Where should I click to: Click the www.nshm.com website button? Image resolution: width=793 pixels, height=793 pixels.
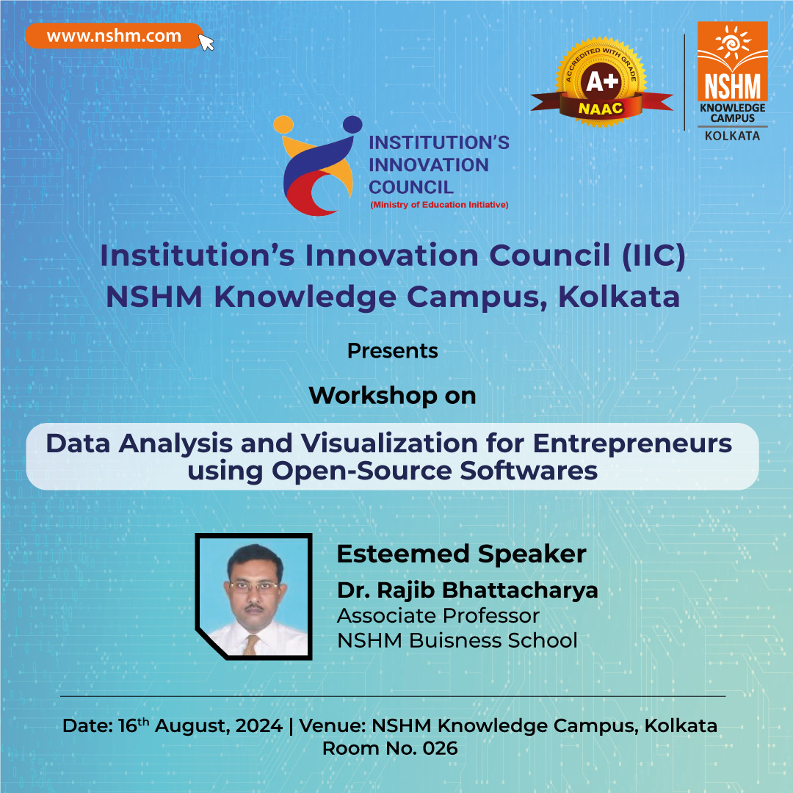[x=115, y=36]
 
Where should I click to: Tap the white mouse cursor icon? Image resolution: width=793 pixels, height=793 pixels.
[x=206, y=43]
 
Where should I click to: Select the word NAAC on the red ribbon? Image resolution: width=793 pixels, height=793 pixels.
[x=601, y=109]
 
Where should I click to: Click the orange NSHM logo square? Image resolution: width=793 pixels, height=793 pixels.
[x=732, y=61]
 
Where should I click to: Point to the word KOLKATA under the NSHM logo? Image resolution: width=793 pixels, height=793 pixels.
[x=732, y=136]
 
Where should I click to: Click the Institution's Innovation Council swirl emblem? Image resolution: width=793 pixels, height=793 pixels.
[x=318, y=165]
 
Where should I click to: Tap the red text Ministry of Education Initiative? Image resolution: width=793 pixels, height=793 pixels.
[x=439, y=205]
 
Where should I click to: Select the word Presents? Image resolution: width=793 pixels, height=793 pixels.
[x=392, y=351]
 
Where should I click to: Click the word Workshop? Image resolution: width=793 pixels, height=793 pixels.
[x=373, y=396]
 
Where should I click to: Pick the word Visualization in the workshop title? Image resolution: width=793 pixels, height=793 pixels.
[x=389, y=443]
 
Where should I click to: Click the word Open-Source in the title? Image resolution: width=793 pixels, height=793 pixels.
[x=361, y=471]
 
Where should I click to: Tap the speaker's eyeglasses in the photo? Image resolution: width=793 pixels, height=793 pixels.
[x=254, y=587]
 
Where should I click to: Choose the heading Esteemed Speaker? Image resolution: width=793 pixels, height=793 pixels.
[x=461, y=554]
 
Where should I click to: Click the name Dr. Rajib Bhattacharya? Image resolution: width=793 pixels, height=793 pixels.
[x=467, y=590]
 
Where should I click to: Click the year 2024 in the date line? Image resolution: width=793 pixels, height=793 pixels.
[x=259, y=725]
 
